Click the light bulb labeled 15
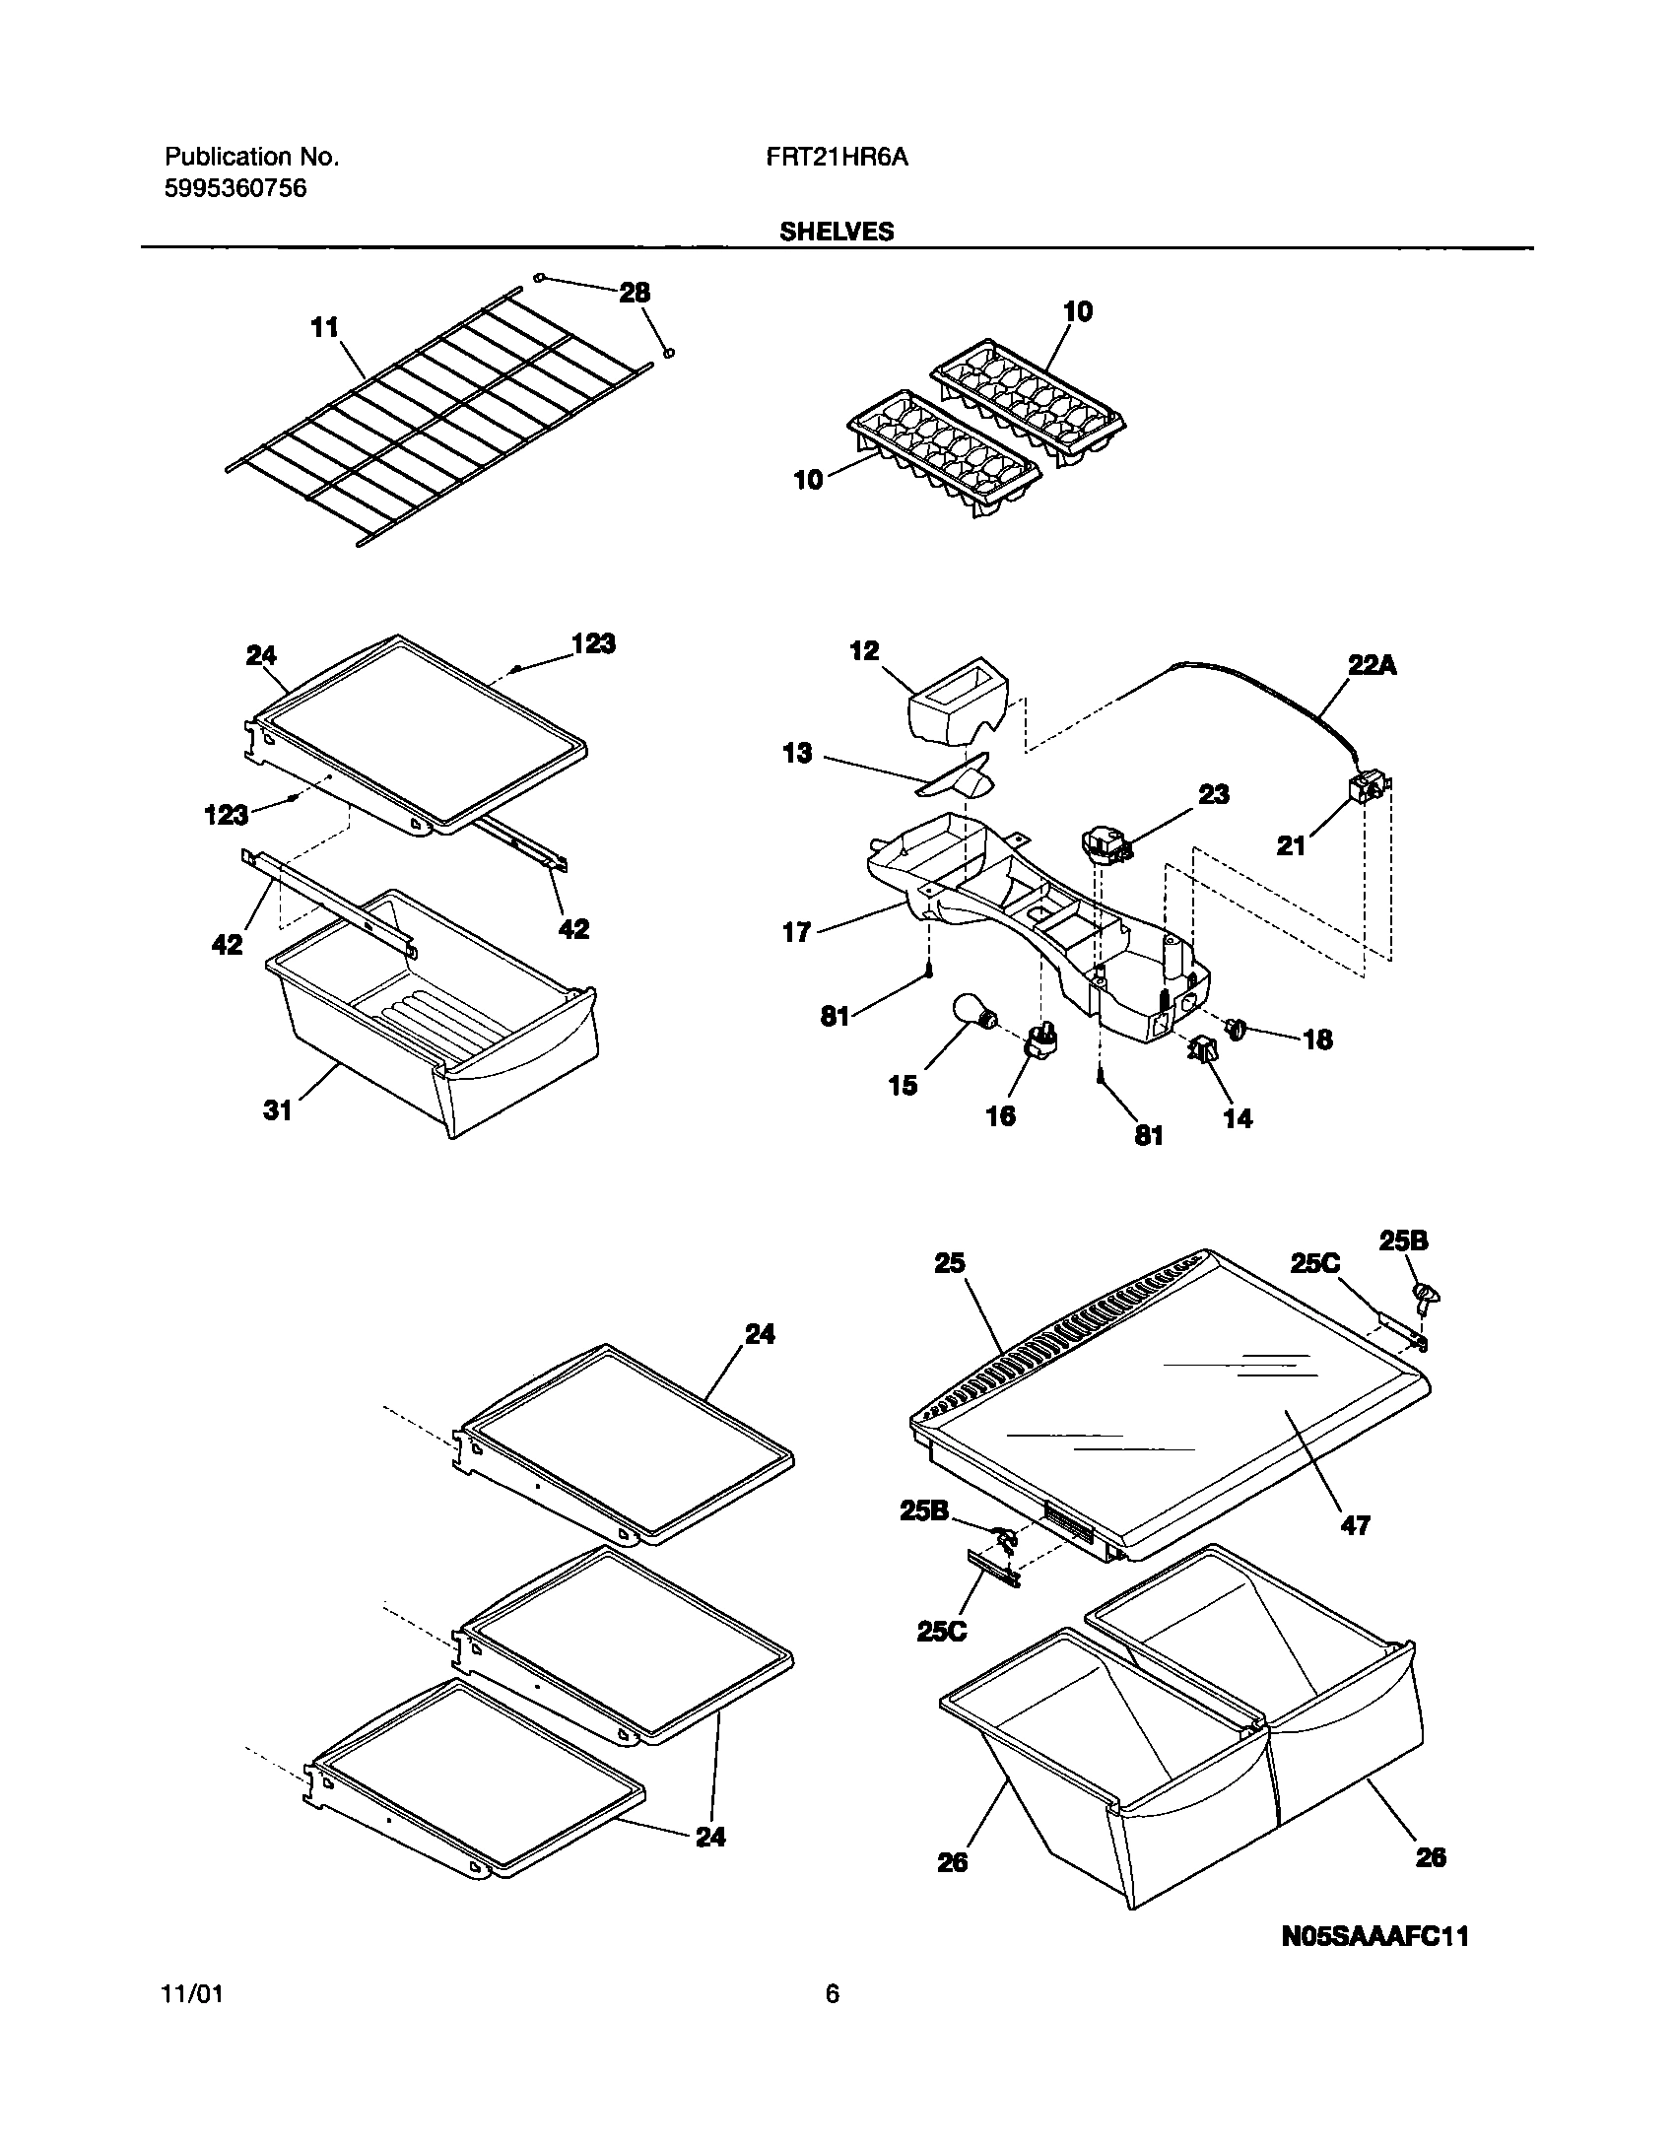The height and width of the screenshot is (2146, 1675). [x=972, y=1013]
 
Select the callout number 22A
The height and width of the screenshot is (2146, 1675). [x=1371, y=666]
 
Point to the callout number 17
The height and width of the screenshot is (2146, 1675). [x=796, y=931]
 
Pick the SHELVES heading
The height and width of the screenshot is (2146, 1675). [x=837, y=232]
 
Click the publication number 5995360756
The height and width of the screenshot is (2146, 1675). [x=234, y=188]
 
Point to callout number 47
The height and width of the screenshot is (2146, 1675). [x=1356, y=1526]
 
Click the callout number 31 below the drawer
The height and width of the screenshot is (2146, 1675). [x=279, y=1110]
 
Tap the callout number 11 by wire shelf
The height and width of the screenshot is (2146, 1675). [x=325, y=328]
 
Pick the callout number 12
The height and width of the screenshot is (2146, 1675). [x=864, y=651]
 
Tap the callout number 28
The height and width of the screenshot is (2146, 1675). [x=636, y=293]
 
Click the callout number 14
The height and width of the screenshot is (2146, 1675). [x=1238, y=1118]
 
